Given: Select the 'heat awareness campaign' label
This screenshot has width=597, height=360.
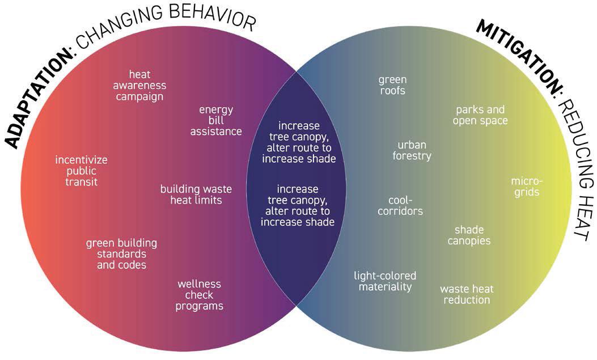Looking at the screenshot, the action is click(139, 86).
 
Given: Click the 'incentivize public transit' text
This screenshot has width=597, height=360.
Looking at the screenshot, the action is click(81, 171).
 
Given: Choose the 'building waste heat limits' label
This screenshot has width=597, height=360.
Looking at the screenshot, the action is click(196, 194).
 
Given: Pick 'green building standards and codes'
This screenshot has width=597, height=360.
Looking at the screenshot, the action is click(121, 254).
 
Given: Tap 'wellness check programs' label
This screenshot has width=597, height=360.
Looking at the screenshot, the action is click(199, 295).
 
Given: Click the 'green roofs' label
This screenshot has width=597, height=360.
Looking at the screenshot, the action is click(392, 85).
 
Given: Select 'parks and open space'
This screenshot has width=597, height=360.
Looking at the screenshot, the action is click(481, 115).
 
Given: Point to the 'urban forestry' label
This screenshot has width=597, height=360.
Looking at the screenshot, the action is click(412, 150).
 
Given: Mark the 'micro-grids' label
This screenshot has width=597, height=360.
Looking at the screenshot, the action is click(527, 187).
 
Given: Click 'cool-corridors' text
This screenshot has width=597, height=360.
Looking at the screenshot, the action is click(405, 206).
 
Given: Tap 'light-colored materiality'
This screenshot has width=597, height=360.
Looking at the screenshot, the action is click(385, 281).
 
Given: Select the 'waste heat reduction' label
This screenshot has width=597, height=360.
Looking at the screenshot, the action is click(467, 294).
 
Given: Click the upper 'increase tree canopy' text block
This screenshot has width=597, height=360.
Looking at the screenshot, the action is click(299, 142).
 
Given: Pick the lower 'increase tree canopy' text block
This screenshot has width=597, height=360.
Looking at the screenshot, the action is click(298, 206).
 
